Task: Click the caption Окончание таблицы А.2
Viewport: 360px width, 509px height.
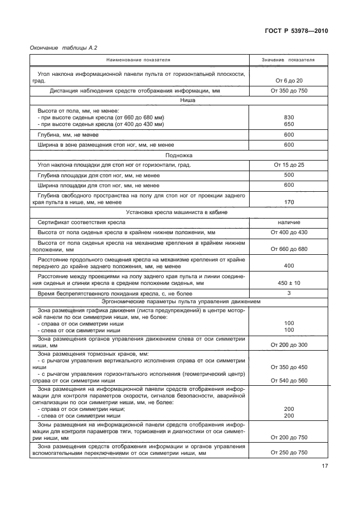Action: tap(60, 49)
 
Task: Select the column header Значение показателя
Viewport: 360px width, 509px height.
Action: tap(289, 60)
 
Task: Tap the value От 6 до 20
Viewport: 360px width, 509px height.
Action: tap(289, 81)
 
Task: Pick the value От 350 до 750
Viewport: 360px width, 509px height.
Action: tap(289, 91)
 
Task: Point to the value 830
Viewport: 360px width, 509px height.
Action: tap(289, 117)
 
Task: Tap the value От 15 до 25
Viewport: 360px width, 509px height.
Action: tap(289, 165)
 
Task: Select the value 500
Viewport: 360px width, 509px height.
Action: tap(289, 175)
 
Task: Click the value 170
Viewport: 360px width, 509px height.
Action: tap(289, 202)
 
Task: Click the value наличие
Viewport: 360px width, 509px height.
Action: tap(289, 222)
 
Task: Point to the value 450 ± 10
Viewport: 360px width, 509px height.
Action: tap(289, 283)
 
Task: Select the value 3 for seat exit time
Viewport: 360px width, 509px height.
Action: tap(289, 293)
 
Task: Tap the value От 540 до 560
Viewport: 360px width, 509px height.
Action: tap(289, 380)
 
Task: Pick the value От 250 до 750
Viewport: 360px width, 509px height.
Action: tap(289, 453)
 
